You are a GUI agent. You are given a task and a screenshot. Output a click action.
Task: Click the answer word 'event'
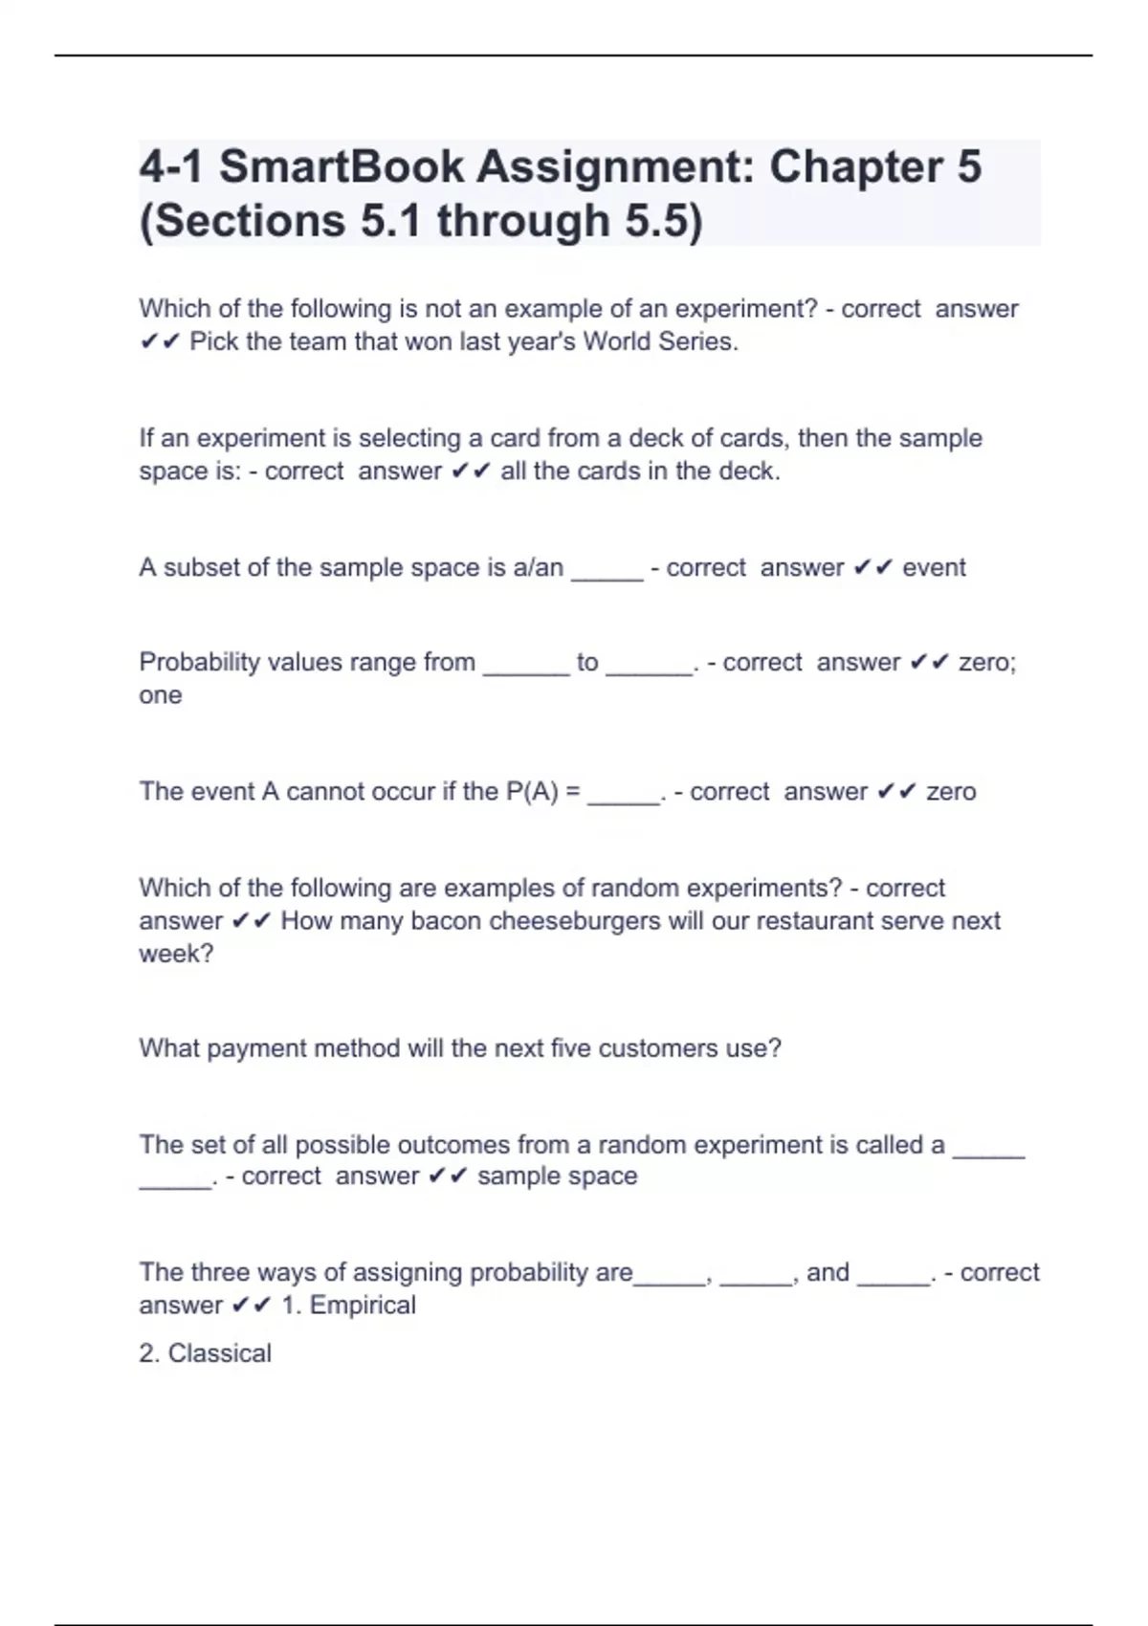coord(934,567)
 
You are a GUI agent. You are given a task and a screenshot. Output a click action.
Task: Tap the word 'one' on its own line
coord(160,695)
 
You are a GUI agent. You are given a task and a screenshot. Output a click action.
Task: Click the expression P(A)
coord(531,792)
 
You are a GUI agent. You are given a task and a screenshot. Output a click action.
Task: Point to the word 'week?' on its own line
coord(176,954)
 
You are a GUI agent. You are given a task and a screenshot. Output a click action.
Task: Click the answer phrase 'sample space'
coord(557,1176)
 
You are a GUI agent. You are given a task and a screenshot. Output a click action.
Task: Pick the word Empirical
coord(363,1306)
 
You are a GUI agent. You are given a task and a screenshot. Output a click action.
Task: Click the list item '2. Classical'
coord(205,1353)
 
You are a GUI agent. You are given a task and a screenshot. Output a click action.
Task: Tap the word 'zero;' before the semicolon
coord(986,662)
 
